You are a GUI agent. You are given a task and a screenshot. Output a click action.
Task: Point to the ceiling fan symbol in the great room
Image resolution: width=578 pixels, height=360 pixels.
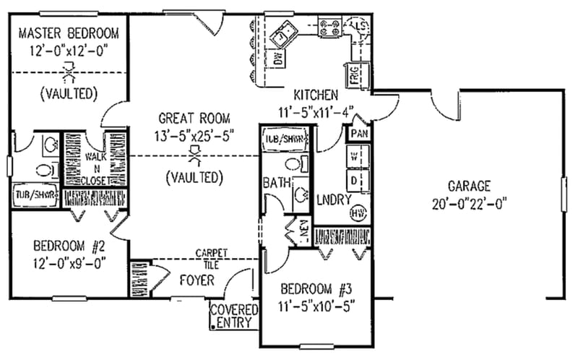click(194, 154)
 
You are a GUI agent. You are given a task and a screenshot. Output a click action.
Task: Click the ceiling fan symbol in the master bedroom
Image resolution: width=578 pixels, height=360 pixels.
click(69, 71)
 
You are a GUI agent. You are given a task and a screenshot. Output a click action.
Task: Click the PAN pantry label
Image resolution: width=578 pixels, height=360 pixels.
click(358, 134)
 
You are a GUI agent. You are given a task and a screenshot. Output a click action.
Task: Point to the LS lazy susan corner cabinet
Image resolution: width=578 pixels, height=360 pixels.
click(359, 27)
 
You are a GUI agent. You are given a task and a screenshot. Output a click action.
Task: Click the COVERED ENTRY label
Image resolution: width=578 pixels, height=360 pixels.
click(233, 315)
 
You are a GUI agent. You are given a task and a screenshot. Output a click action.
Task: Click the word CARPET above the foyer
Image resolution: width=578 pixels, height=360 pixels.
click(212, 253)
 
